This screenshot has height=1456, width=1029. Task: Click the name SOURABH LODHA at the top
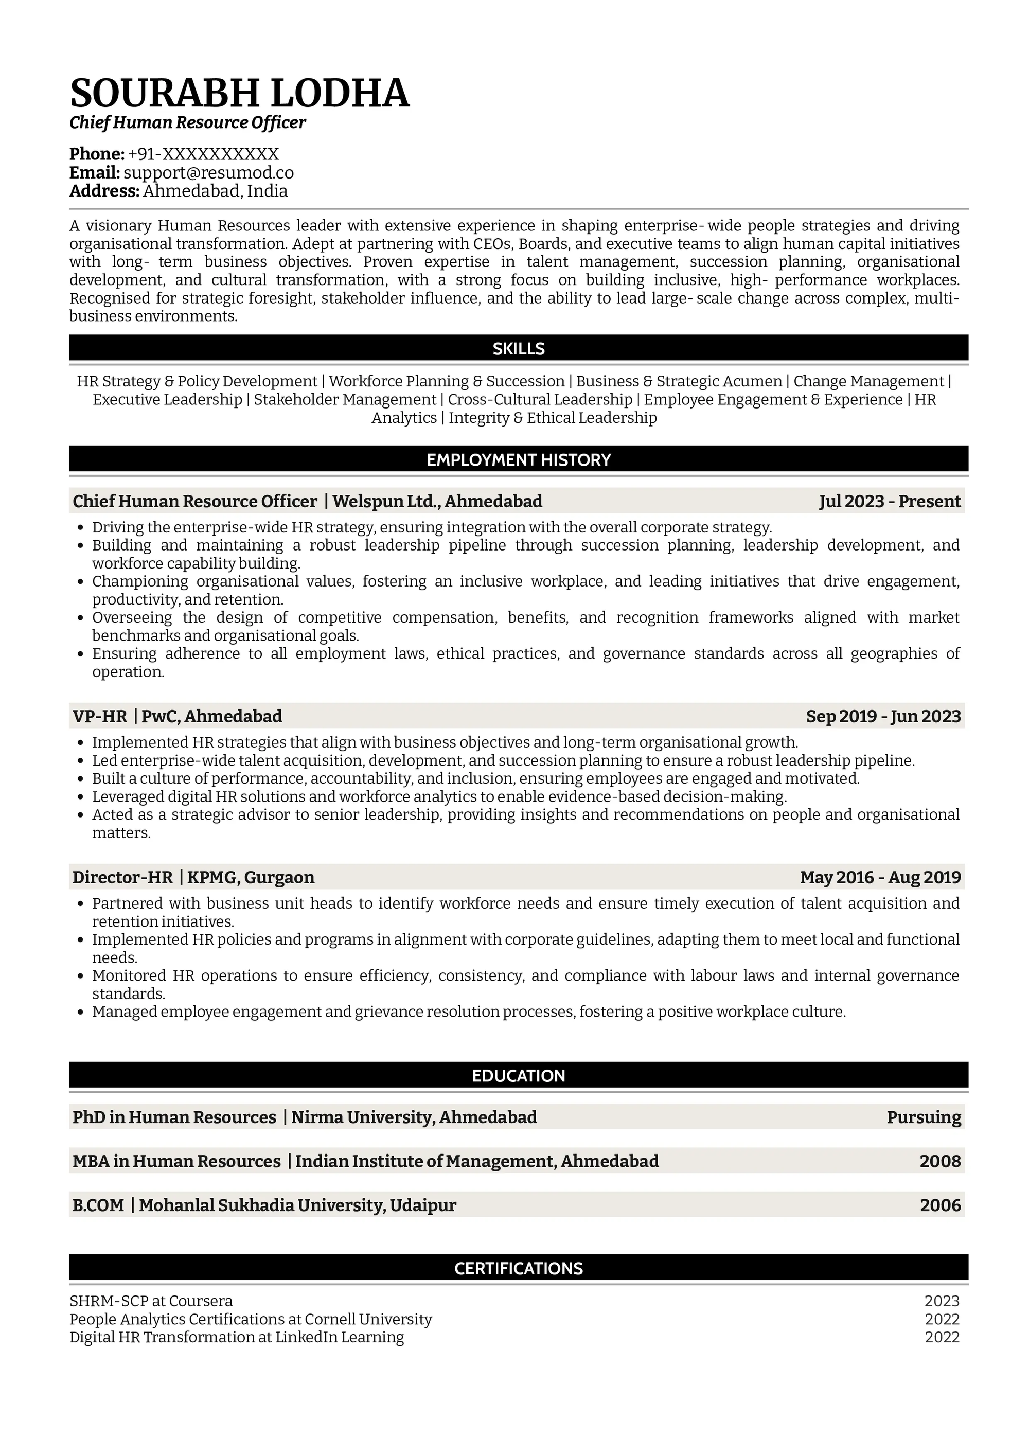240,93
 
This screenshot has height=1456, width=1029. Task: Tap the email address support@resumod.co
208,172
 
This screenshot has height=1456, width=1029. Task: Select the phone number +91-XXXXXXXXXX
203,154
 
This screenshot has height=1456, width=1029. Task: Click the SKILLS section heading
518,348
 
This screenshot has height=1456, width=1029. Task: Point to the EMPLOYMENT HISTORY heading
518,460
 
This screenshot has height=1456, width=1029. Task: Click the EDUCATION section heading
518,1075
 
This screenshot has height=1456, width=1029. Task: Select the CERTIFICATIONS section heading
518,1268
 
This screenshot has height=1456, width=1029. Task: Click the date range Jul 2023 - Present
890,502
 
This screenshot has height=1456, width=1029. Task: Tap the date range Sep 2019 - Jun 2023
883,717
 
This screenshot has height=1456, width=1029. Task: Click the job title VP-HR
99,717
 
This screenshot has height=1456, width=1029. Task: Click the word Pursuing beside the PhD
924,1117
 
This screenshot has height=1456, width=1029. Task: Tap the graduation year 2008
940,1162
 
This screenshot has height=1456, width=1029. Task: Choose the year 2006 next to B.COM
940,1205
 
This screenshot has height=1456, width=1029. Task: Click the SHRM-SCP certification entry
151,1301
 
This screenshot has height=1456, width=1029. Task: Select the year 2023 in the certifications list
942,1301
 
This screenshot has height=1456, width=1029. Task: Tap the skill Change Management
868,381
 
